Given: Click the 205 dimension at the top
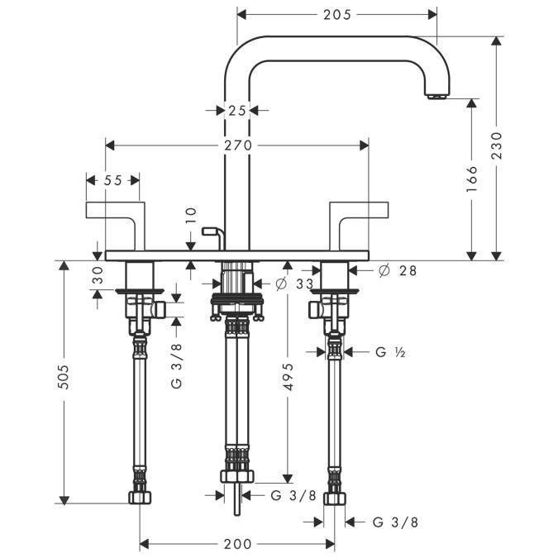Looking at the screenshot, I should point(337,14).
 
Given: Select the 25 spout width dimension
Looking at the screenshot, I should point(238,109).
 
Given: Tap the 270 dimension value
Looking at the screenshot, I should point(238,145).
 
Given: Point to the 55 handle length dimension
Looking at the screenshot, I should point(113,180).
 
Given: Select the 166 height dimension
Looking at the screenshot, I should point(472,179).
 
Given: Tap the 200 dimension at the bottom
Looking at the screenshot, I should point(237,544).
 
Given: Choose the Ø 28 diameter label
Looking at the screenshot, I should point(397,270).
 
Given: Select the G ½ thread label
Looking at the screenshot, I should point(387,352).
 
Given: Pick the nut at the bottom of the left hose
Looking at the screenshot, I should point(140,498).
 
